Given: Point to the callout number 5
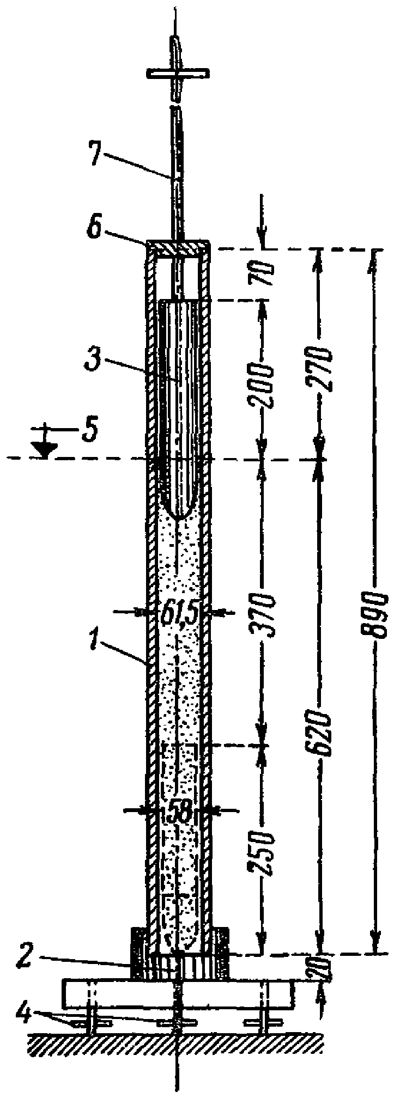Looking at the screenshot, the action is tap(88, 431).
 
